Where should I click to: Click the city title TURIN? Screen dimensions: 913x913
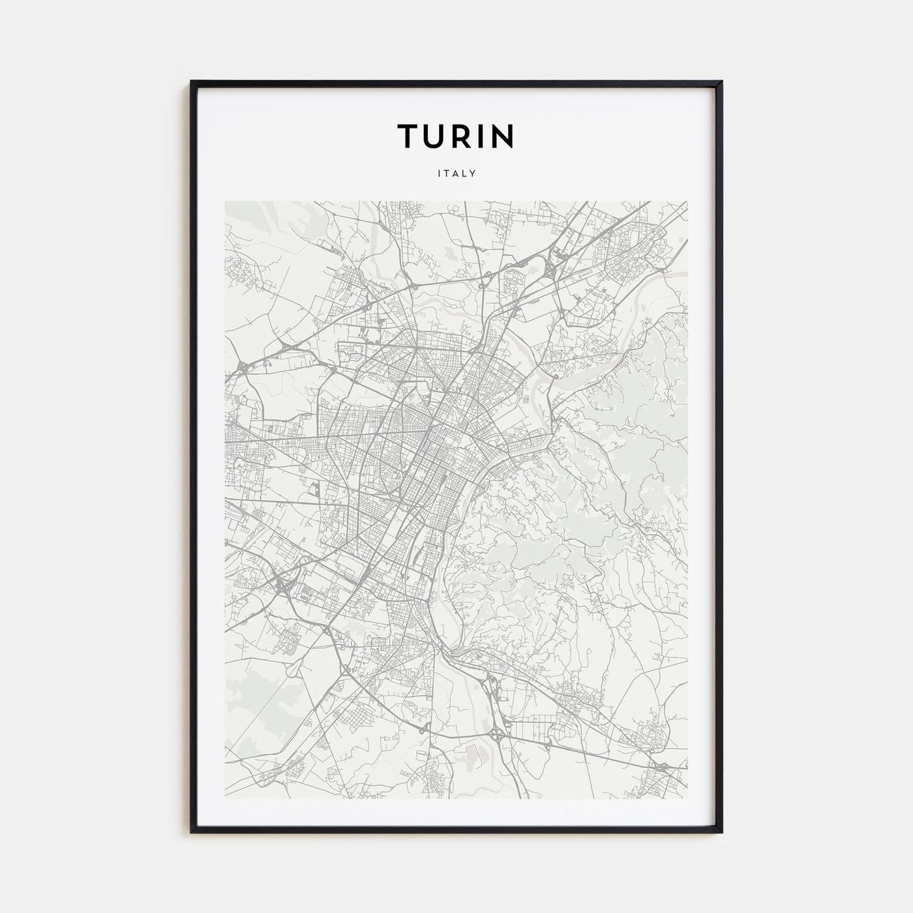[456, 136]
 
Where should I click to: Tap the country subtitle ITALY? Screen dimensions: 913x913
[456, 174]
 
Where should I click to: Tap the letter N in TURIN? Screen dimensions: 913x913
[503, 136]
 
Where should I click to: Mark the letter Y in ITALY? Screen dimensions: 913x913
[473, 174]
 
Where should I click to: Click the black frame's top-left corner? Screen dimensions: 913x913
[192, 82]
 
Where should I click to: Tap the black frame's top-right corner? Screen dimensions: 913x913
[721, 82]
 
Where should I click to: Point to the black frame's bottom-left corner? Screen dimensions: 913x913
[192, 832]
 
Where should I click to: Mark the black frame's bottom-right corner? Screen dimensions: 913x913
[721, 832]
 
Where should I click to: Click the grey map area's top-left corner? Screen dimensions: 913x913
[225, 201]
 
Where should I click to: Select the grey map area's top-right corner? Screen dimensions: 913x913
[687, 201]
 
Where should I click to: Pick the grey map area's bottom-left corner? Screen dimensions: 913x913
[225, 799]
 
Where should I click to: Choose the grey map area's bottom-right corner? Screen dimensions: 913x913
[687, 799]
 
